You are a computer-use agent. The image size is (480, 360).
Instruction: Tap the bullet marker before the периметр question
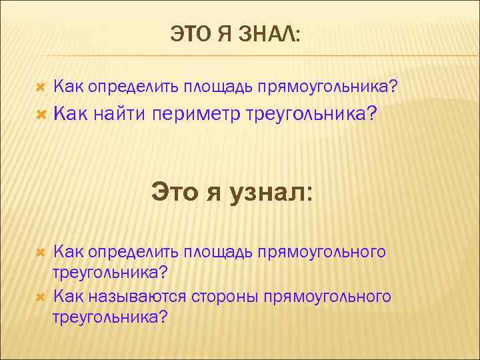point(39,115)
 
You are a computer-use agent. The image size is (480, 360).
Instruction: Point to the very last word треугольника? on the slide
point(111,317)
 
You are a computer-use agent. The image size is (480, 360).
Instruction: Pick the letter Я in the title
point(223,34)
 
